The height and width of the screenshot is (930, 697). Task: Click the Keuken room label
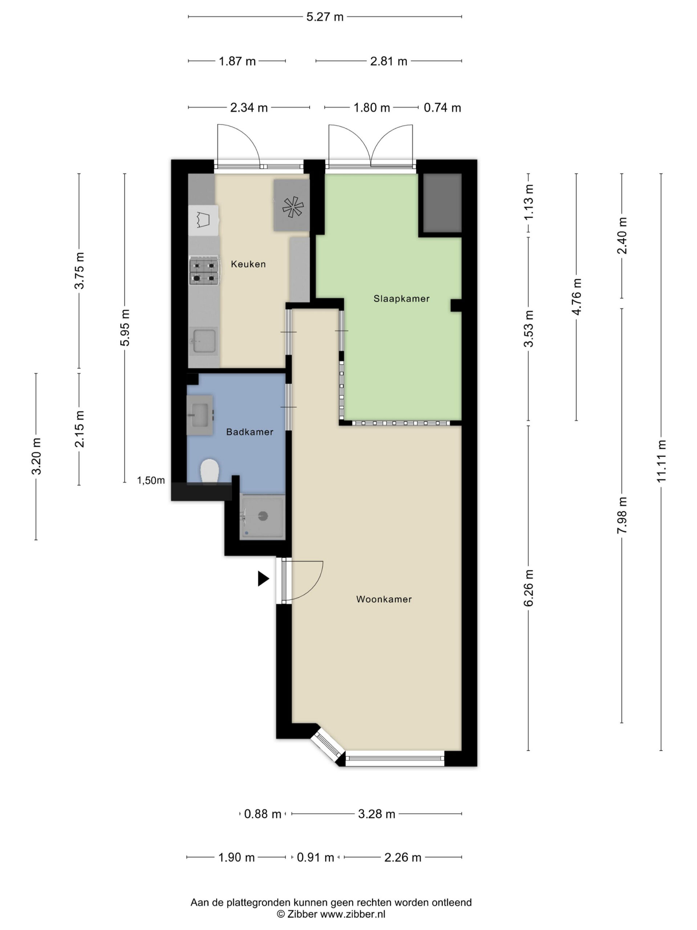pos(248,264)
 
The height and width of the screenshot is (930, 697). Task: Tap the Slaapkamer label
pos(401,299)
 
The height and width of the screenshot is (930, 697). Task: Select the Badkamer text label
pos(249,432)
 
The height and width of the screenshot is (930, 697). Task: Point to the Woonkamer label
pos(384,599)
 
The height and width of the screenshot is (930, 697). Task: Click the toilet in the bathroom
pos(210,472)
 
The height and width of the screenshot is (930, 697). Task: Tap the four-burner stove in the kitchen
pos(204,270)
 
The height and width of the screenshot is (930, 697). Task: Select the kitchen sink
pos(204,340)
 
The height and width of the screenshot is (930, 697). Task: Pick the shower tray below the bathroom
pos(262,517)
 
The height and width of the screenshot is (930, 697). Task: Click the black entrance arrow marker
pos(263,578)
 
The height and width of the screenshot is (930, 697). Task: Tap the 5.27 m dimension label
pos(325,17)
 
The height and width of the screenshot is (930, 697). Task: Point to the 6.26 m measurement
pos(529,588)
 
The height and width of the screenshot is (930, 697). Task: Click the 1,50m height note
pos(151,481)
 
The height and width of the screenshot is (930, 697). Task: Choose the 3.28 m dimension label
pos(376,814)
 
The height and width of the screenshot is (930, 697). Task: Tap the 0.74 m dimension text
pos(443,108)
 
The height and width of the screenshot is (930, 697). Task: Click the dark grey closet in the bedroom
pos(442,203)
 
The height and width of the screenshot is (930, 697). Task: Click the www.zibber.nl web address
pos(353,914)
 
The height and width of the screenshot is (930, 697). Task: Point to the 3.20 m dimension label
pos(37,456)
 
